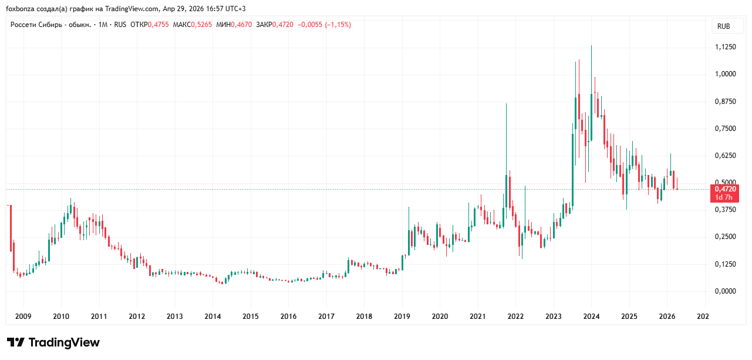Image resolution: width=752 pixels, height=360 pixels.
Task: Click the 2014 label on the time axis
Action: pos(213,317)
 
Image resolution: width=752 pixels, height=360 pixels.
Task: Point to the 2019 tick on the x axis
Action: pos(402,317)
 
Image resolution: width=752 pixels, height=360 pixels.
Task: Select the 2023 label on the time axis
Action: pos(554,317)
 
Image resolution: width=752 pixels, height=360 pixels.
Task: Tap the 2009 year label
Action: pos(23,317)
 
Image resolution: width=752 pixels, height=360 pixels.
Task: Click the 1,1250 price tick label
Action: pos(726,47)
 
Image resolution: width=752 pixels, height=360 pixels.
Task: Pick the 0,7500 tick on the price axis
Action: pos(726,129)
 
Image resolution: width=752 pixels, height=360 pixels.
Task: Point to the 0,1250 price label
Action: pos(726,264)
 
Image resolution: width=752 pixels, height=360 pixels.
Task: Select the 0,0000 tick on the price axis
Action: pos(726,291)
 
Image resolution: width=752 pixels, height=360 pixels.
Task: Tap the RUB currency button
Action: pos(724,26)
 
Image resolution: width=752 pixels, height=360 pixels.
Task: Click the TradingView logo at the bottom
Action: pos(53,342)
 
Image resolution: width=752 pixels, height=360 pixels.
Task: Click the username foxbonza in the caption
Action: pos(21,9)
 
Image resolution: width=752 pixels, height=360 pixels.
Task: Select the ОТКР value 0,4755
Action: pos(159,25)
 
